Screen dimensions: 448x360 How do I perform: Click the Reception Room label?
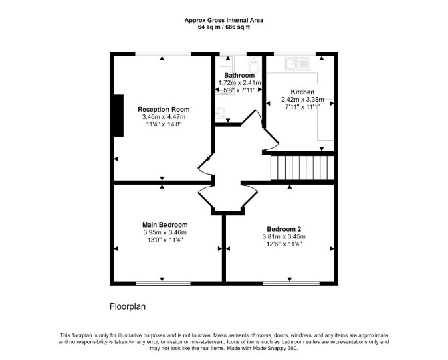[x=163, y=109]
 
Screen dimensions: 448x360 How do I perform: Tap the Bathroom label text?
[x=239, y=75]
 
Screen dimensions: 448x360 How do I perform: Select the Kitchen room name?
[x=302, y=92]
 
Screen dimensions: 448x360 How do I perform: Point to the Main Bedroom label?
[x=165, y=225]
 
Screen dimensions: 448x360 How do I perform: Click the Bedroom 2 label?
[x=284, y=229]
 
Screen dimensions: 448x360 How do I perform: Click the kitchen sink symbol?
[x=297, y=64]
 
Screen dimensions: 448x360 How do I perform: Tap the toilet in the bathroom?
[x=253, y=65]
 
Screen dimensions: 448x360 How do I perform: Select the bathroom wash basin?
[x=220, y=113]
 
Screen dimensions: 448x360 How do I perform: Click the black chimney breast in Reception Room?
[x=118, y=116]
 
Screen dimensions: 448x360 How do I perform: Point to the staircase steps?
[x=302, y=168]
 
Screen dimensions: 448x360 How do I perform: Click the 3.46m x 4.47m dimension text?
[x=164, y=117]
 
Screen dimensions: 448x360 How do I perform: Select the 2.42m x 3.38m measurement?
[x=302, y=100]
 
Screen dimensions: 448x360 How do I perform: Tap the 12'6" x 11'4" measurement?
[x=284, y=244]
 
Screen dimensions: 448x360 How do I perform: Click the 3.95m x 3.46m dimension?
[x=165, y=232]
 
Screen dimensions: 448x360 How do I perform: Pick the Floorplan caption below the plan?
[x=128, y=307]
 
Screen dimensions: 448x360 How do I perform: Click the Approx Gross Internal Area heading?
[x=224, y=20]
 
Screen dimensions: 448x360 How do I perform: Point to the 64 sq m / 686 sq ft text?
[x=224, y=27]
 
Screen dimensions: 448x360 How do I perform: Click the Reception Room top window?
[x=163, y=54]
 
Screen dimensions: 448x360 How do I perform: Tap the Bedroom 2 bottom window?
[x=292, y=283]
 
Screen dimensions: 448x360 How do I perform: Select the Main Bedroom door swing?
[x=204, y=196]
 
